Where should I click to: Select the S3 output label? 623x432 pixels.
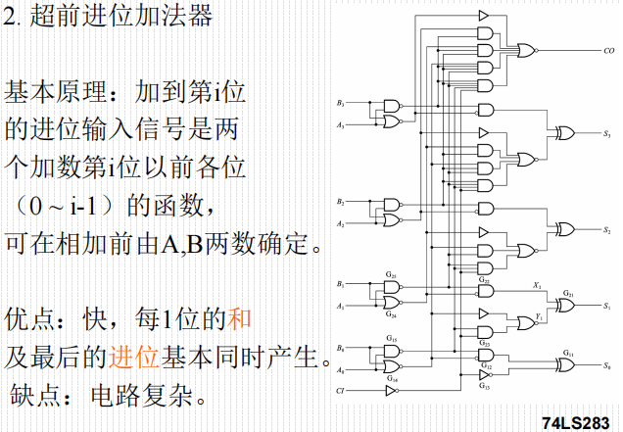coord(607,132)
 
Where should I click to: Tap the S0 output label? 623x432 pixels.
coord(607,364)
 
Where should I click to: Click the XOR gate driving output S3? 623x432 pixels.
coord(566,132)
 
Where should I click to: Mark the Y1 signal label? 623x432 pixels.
coord(540,315)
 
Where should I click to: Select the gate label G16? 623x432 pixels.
coord(391,377)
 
